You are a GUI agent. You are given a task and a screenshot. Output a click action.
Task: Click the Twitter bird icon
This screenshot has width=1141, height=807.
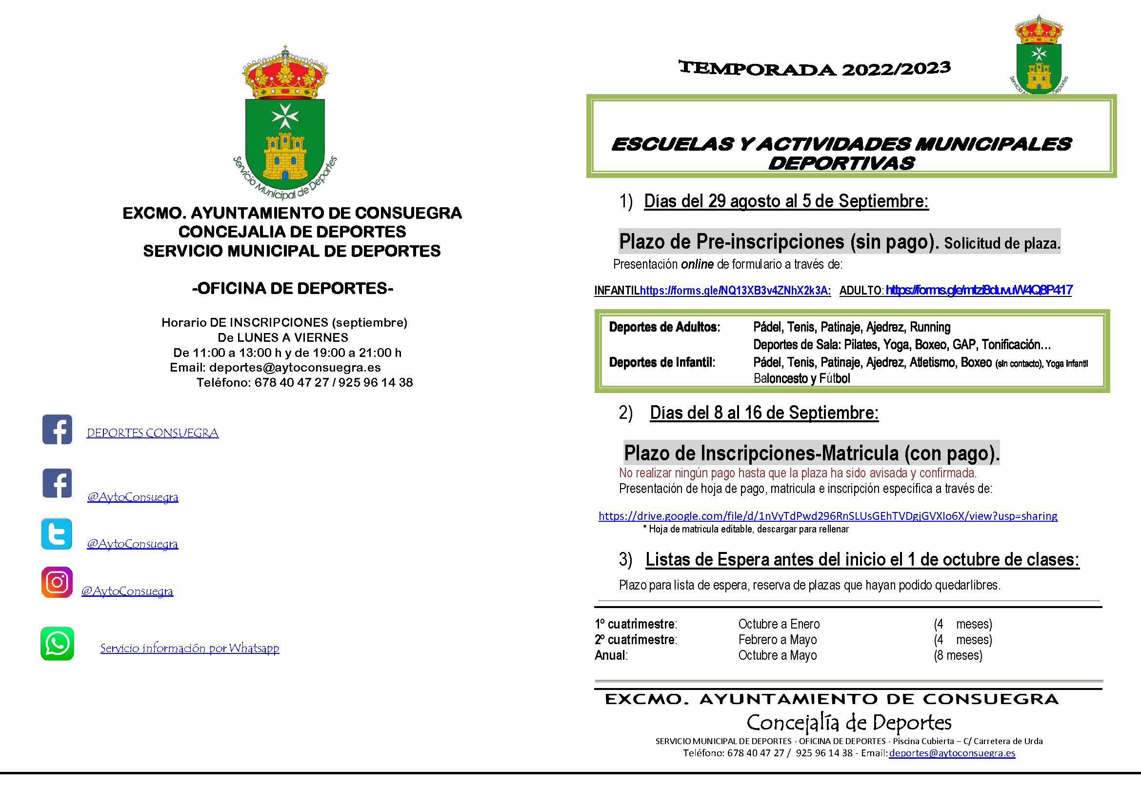tap(57, 534)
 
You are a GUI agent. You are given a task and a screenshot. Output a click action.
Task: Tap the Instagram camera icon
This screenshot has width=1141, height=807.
tap(57, 582)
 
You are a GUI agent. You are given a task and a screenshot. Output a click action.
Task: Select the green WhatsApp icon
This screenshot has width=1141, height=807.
tap(57, 644)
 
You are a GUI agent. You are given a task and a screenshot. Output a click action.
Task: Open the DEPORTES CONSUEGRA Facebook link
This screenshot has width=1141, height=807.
tap(153, 433)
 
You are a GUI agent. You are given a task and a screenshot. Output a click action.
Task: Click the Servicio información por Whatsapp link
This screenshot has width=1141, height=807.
tap(189, 648)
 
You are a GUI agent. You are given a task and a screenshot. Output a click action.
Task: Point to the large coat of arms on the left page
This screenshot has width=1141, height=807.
tap(285, 124)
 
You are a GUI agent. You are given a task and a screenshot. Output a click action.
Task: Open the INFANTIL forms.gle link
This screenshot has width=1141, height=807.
tap(734, 291)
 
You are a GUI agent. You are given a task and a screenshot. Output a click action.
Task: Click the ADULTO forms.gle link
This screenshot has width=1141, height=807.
tap(979, 290)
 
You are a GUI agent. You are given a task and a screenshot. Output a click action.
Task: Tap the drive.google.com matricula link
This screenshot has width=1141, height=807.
tap(828, 516)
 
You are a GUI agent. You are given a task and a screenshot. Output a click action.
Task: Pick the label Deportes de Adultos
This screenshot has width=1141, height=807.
tap(664, 327)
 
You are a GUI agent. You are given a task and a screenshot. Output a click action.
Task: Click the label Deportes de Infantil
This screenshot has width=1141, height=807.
tap(662, 362)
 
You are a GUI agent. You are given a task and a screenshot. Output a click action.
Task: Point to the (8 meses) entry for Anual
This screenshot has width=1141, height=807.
tap(958, 655)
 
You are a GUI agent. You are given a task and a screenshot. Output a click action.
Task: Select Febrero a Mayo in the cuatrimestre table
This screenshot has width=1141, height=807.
tap(777, 640)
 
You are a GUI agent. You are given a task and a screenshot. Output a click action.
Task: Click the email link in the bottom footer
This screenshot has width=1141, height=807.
tap(952, 753)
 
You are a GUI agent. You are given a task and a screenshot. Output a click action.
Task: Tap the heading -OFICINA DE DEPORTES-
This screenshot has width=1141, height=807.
tap(292, 288)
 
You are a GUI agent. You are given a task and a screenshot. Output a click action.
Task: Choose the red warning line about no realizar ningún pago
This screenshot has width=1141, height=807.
tap(798, 472)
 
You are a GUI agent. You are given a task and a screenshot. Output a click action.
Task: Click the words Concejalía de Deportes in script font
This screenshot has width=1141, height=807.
tap(849, 723)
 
